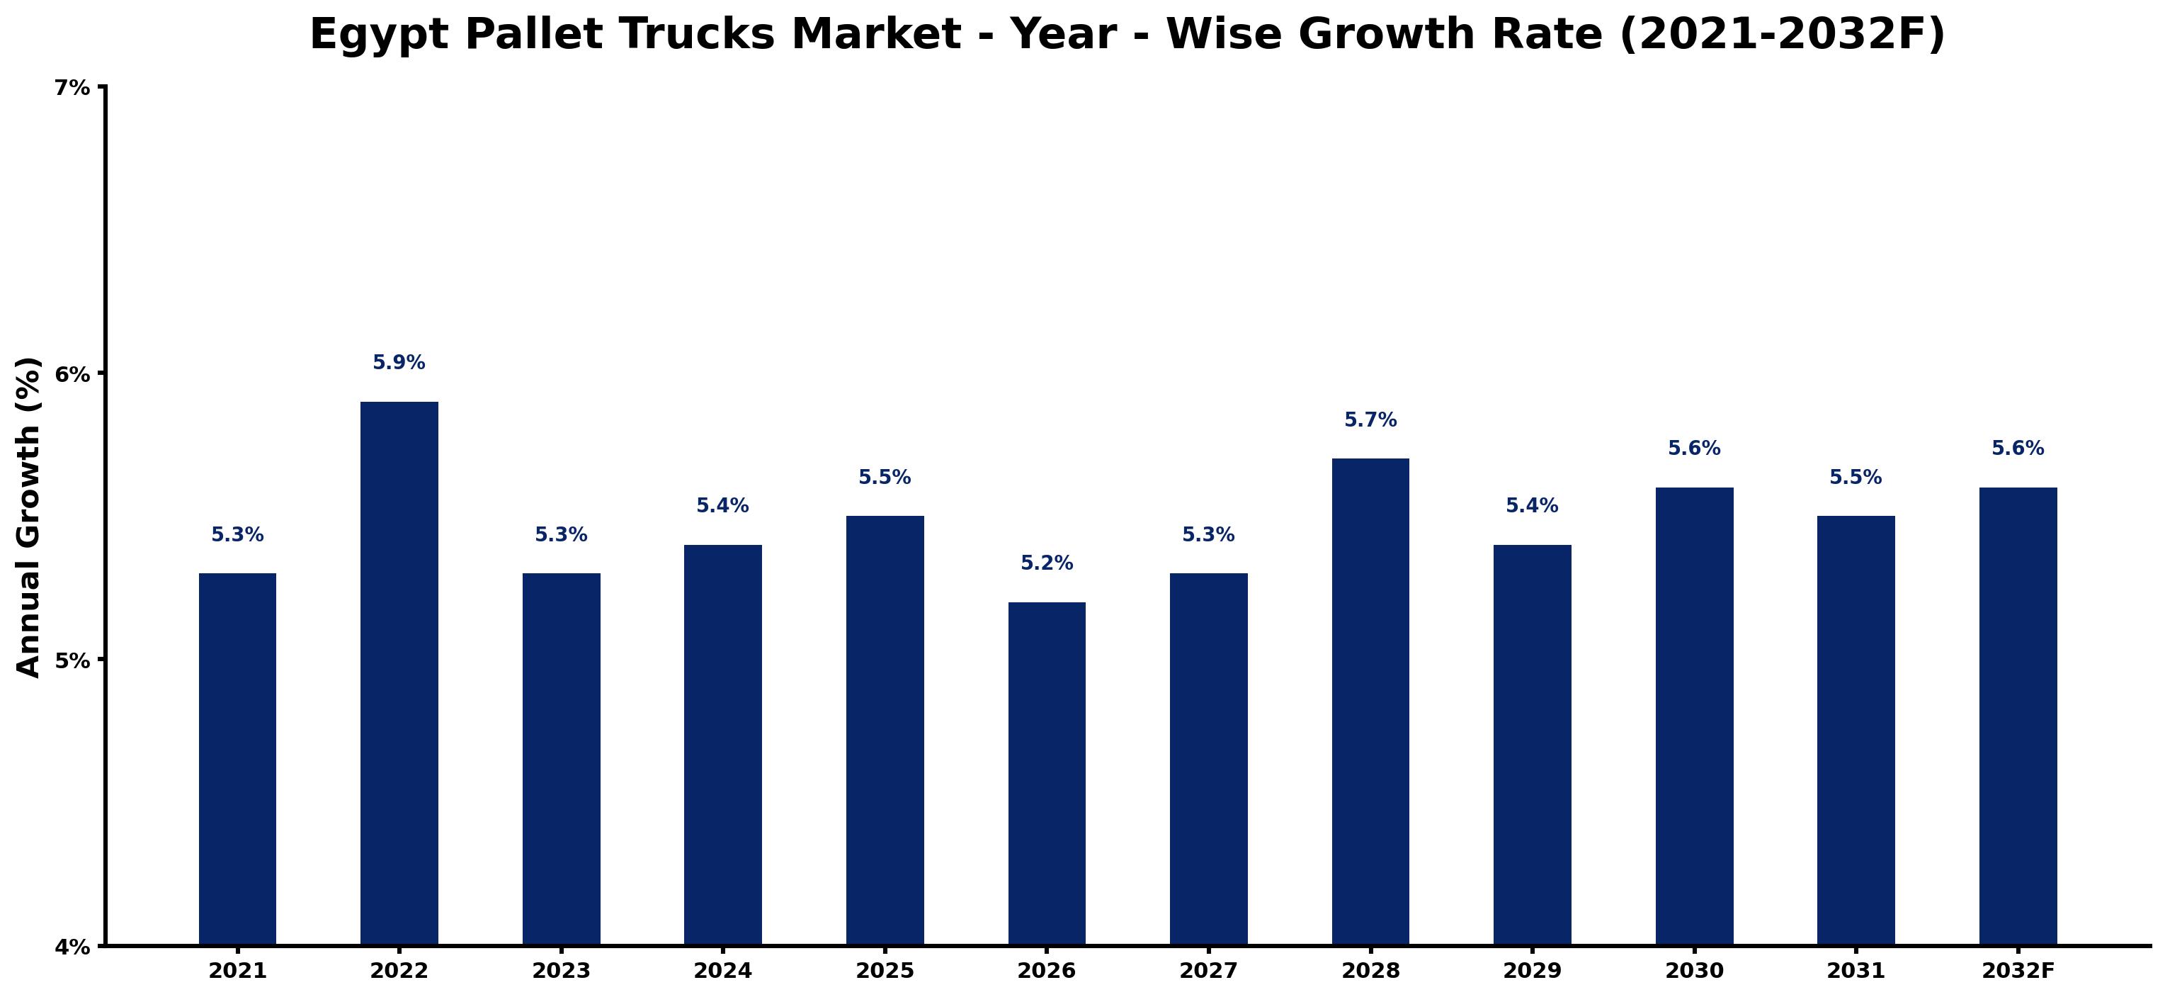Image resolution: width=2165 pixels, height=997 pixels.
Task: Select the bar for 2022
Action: coord(399,673)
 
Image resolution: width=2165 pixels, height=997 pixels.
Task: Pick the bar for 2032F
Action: coord(2018,716)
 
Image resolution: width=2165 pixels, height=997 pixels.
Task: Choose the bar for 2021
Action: coord(238,759)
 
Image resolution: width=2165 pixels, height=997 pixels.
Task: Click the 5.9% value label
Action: coord(399,362)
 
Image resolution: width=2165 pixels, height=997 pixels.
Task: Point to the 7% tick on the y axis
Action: coord(72,87)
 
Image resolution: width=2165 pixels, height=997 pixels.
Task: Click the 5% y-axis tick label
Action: coord(72,660)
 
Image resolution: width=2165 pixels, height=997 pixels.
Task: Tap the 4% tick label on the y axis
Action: coord(72,947)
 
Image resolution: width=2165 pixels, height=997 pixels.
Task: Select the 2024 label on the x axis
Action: coord(723,971)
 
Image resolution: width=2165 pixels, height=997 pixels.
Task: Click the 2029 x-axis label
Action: coord(1532,971)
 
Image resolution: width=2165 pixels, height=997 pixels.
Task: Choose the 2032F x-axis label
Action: coord(2018,971)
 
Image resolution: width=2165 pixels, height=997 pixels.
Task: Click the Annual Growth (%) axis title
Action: coord(28,517)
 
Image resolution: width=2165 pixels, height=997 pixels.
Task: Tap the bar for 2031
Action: coord(1856,731)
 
